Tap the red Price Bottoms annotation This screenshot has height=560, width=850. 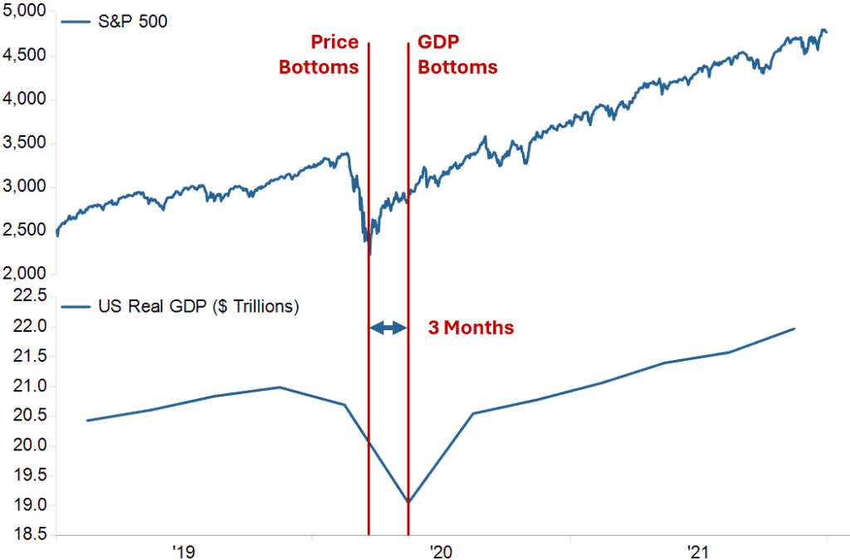pyautogui.click(x=319, y=55)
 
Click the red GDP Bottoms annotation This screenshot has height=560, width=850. pyautogui.click(x=457, y=55)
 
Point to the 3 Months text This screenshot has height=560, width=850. pyautogui.click(x=471, y=328)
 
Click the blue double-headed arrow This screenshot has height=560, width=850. pyautogui.click(x=388, y=328)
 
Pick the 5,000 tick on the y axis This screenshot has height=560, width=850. pyautogui.click(x=26, y=12)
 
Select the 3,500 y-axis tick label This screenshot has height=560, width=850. pyautogui.click(x=26, y=144)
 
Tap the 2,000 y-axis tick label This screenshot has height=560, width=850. pyautogui.click(x=26, y=274)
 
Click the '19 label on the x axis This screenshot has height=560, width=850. pyautogui.click(x=183, y=550)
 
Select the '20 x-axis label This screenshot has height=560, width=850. pyautogui.click(x=440, y=550)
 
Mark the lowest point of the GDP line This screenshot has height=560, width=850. pyautogui.click(x=408, y=502)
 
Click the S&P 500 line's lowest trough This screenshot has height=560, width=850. pyautogui.click(x=369, y=253)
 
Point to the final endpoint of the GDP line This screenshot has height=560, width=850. pyautogui.click(x=794, y=329)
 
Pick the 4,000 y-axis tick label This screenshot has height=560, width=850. pyautogui.click(x=26, y=100)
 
